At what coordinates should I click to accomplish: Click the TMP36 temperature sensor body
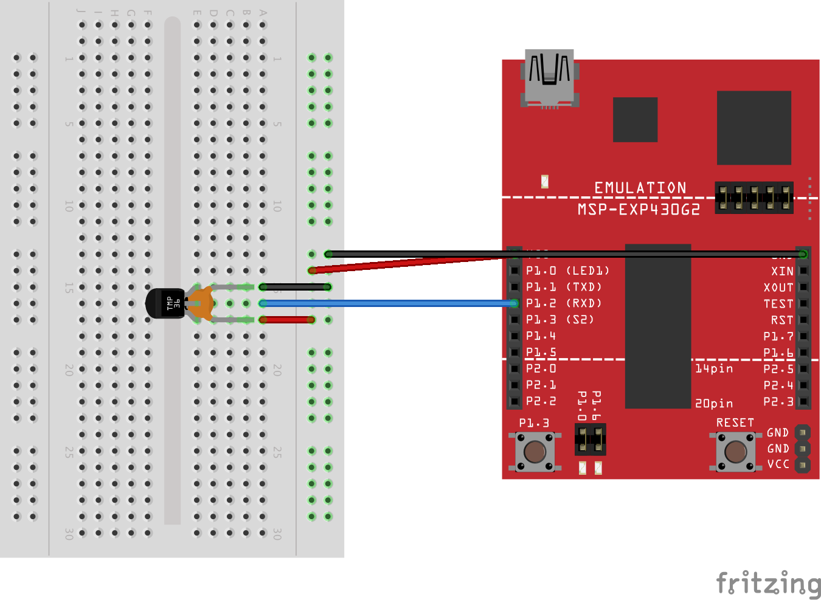click(x=165, y=303)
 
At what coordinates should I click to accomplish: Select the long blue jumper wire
click(x=389, y=303)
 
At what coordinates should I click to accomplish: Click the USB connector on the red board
click(x=550, y=78)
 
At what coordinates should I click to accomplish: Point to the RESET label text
click(x=735, y=422)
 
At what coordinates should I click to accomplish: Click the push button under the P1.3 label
click(x=535, y=452)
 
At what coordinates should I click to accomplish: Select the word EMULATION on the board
click(x=640, y=188)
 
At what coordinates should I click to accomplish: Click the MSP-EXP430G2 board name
click(x=639, y=210)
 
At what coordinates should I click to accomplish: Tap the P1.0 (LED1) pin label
click(x=567, y=271)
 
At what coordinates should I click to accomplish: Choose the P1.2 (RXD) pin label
click(x=564, y=303)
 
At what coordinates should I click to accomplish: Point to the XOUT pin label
click(x=778, y=288)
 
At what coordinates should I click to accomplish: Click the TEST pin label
click(x=778, y=304)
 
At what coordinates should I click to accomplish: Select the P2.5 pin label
click(x=778, y=369)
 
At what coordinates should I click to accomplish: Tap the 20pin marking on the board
click(x=714, y=403)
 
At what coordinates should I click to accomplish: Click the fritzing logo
click(x=768, y=583)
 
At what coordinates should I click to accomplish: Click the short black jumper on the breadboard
click(x=295, y=287)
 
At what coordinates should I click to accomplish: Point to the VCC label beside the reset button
click(x=778, y=464)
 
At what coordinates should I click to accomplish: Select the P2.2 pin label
click(x=541, y=401)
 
